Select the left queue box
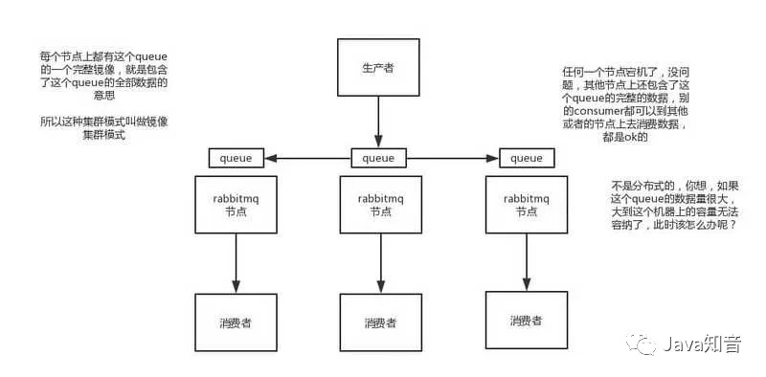coord(237,158)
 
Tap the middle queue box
coord(379,158)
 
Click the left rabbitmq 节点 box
coord(236,204)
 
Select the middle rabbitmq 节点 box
coord(379,204)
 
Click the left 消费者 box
coord(236,322)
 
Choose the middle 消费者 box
coord(379,322)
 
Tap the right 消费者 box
coord(524,320)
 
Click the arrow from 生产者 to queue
coord(379,123)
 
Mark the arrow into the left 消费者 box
coord(236,264)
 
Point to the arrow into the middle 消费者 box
coord(379,264)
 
